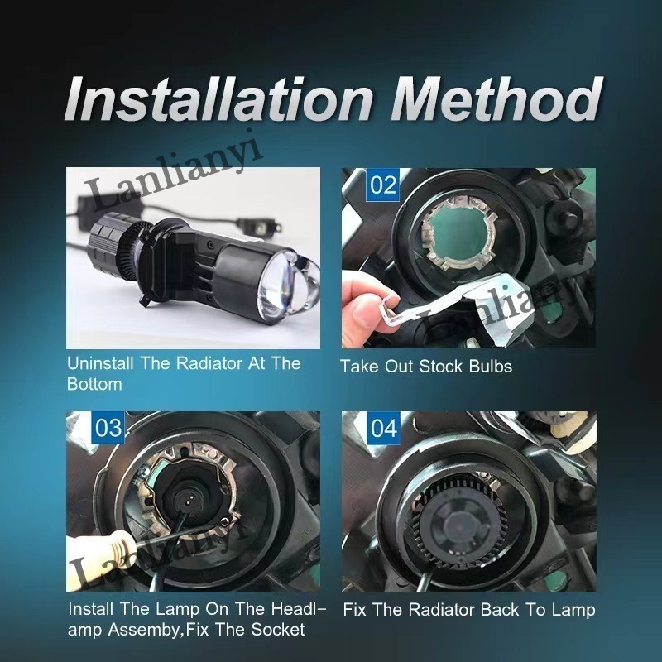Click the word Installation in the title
pos(219,99)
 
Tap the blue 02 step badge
pos(383,185)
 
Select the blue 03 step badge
pos(108,427)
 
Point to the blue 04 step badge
pos(383,428)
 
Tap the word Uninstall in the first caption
pos(100,363)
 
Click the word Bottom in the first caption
pos(94,384)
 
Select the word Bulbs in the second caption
pos(490,366)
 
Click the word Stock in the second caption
pos(441,366)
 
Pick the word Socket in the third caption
pos(278,630)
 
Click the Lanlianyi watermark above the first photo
pos(174,175)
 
